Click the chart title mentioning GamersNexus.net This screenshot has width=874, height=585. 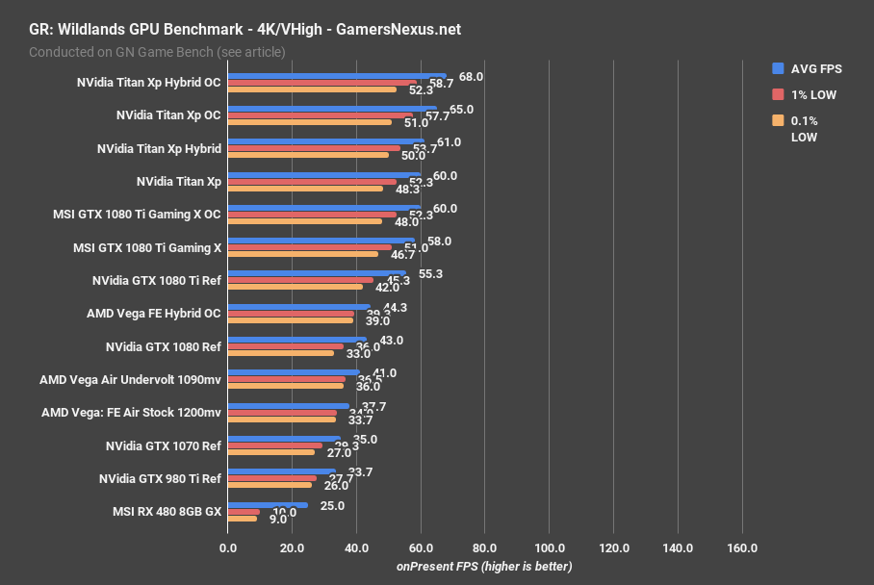(244, 30)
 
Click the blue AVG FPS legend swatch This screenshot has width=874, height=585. (777, 68)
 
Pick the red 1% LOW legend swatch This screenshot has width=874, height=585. (777, 94)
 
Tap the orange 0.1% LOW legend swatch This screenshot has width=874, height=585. (777, 121)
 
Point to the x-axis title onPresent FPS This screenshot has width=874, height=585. (484, 566)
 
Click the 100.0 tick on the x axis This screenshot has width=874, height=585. (549, 547)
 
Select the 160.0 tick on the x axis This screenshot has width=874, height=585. (741, 547)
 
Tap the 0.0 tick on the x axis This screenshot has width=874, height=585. (228, 547)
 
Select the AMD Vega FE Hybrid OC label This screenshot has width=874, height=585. (154, 313)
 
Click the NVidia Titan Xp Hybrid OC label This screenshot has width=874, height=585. (148, 82)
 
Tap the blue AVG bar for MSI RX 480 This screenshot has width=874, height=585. (268, 504)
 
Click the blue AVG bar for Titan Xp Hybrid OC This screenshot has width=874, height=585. (337, 75)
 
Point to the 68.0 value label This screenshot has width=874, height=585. (471, 77)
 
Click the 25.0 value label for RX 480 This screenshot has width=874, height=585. (332, 505)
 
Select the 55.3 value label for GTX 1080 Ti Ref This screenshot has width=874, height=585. (430, 274)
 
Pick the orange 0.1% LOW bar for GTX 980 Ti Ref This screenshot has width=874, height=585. (270, 485)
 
